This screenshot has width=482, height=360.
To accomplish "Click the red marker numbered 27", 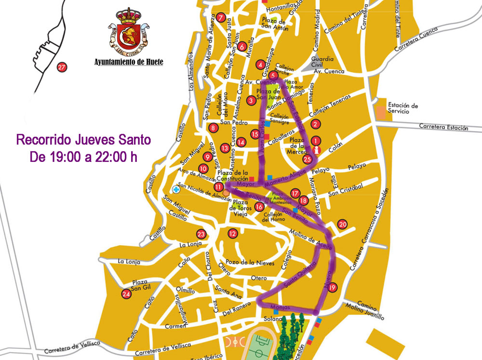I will [61, 67].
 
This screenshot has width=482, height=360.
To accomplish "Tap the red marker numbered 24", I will [127, 294].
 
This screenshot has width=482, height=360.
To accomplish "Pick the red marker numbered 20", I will [343, 224].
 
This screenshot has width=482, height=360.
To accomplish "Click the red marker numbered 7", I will [221, 18].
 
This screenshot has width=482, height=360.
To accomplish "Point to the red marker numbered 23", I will [201, 235].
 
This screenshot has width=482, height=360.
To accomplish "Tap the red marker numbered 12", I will [233, 234].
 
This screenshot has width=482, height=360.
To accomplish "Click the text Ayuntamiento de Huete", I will [128, 62].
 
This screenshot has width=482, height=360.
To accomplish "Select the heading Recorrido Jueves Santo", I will [83, 140].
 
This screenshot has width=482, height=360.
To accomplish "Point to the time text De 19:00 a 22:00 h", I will [83, 157].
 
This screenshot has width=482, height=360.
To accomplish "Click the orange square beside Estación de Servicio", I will [382, 111].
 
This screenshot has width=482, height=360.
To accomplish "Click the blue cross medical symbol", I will [177, 189].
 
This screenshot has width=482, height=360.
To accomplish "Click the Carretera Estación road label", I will [443, 128].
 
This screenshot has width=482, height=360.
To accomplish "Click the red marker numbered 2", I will [315, 124].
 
